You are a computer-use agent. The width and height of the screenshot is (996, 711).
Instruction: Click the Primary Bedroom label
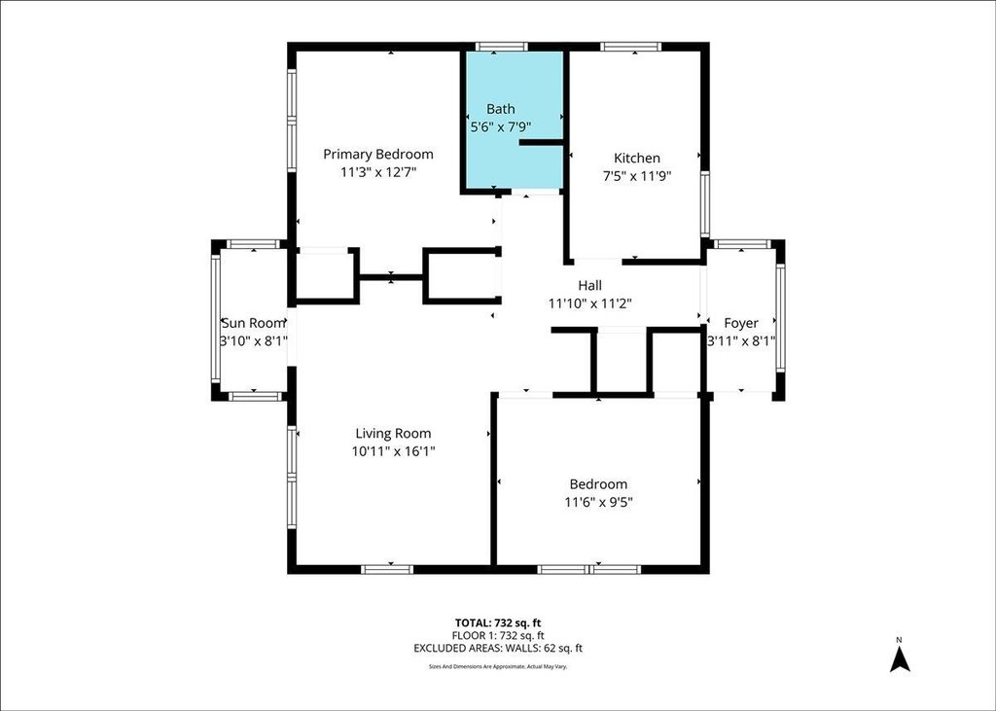pos(378,155)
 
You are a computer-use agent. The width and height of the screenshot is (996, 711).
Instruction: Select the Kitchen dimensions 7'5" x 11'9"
pos(636,176)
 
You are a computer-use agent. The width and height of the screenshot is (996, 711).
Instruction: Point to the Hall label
pos(589,286)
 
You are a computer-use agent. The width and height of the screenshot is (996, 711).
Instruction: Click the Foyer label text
pos(740,324)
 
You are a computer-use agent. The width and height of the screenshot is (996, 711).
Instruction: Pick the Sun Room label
pos(254,323)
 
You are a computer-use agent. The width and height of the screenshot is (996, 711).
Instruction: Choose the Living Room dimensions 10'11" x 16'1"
pos(393,451)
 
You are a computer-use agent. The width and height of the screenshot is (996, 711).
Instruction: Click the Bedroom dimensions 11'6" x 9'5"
pos(598,503)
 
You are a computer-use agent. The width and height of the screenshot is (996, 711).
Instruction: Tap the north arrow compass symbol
pos(900,658)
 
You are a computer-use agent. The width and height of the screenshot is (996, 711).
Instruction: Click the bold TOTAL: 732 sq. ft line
pos(498,623)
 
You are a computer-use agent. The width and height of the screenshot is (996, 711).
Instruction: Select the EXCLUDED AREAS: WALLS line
pos(498,649)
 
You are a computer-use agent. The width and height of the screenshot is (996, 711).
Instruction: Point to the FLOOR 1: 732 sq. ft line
pos(498,636)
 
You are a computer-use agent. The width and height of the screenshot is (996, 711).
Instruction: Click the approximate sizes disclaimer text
pos(498,666)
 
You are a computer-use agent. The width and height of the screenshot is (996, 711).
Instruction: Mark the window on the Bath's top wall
pos(502,47)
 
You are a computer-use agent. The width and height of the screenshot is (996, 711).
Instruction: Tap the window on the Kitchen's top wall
pos(630,47)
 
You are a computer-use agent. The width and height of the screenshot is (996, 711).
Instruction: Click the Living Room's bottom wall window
pos(387,569)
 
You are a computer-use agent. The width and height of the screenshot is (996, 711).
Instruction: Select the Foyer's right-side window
pos(780,318)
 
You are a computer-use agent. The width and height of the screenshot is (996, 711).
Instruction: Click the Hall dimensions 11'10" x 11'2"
pos(589,304)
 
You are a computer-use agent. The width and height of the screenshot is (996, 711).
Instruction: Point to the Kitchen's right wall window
pos(704,204)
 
